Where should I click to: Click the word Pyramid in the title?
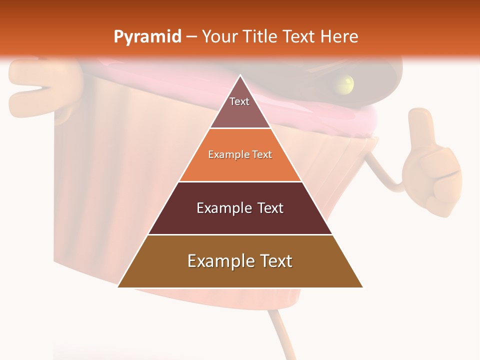point(147,37)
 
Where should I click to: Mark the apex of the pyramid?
point(240,76)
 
